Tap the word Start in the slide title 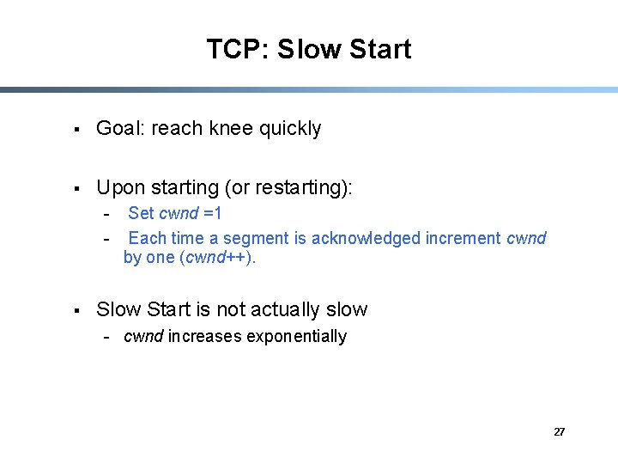[380, 49]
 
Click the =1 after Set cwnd [212, 213]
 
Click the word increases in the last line [205, 336]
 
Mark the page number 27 [559, 432]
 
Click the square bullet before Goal [76, 130]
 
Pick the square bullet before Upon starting [76, 188]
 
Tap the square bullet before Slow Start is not [76, 310]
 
